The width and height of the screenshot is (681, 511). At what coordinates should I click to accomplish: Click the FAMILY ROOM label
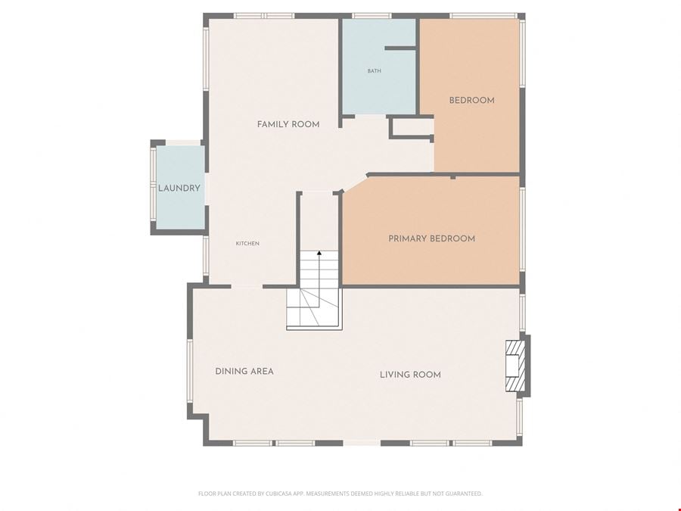click(x=288, y=124)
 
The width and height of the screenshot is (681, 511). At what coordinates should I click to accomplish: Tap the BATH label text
click(x=374, y=71)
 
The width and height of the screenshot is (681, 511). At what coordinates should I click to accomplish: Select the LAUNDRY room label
click(x=179, y=189)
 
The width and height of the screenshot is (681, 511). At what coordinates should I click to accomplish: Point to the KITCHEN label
click(x=247, y=243)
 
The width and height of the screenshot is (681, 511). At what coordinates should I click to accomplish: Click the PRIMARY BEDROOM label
click(x=432, y=238)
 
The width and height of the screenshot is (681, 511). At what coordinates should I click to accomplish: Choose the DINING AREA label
click(x=244, y=371)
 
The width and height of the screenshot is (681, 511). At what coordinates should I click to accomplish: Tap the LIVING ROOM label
click(x=410, y=375)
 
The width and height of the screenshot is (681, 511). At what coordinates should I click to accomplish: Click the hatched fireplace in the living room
click(x=515, y=366)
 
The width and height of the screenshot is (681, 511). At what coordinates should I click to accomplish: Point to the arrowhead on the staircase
click(x=319, y=252)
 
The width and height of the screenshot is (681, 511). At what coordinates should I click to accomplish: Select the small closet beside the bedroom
click(x=412, y=128)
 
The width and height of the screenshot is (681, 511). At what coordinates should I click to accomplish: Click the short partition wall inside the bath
click(x=401, y=48)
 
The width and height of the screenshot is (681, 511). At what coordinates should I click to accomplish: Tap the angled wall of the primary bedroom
click(x=355, y=182)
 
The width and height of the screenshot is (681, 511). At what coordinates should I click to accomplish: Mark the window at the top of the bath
click(x=372, y=16)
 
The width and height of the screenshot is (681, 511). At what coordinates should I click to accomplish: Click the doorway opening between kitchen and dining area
click(x=247, y=286)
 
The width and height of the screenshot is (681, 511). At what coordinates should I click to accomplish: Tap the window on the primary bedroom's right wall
click(x=522, y=229)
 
